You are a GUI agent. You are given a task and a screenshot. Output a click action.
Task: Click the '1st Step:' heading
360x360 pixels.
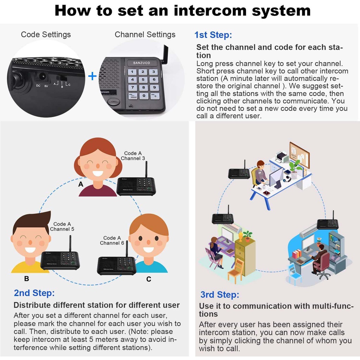[x=213, y=35]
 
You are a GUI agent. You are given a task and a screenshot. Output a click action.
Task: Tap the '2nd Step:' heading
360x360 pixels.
[x=34, y=293]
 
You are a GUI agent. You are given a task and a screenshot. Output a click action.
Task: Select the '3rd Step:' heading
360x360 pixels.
[x=220, y=295]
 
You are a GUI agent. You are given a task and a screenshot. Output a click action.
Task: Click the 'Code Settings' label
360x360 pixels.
[x=46, y=34]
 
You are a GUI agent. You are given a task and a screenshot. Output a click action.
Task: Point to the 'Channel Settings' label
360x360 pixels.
[x=145, y=34]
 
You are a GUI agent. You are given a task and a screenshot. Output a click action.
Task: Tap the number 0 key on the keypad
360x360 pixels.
[x=144, y=96]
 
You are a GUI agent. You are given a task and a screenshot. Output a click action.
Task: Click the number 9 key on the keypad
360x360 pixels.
[x=155, y=88]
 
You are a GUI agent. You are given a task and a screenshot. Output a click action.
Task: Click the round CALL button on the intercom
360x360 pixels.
[x=114, y=101]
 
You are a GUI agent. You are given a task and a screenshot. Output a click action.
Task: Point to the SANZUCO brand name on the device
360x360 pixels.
[x=141, y=63]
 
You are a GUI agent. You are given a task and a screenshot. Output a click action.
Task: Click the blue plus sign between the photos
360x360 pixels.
[x=92, y=76]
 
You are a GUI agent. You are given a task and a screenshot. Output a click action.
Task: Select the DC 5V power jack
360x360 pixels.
[x=43, y=76]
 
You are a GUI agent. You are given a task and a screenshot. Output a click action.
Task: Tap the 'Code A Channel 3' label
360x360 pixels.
[x=133, y=156]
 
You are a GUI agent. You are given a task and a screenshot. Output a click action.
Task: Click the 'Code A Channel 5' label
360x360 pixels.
[x=62, y=226]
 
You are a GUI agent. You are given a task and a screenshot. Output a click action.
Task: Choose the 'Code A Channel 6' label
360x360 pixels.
[x=112, y=240]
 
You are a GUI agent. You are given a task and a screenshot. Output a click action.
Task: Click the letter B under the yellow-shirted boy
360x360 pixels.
[x=27, y=278]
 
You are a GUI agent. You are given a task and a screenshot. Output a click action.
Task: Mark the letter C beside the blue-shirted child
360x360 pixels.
[x=149, y=279]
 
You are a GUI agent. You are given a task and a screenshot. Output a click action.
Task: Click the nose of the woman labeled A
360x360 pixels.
[x=98, y=166]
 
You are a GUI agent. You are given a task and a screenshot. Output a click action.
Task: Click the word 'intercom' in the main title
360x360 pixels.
[x=211, y=11]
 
